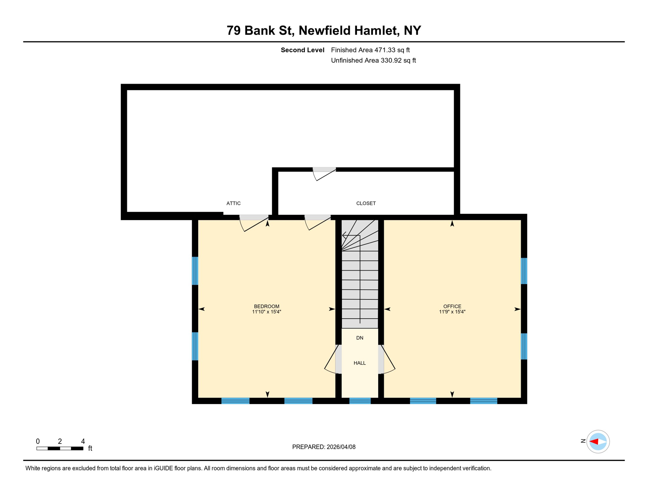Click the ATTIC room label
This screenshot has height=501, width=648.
[x=233, y=203]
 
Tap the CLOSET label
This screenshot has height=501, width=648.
[x=366, y=203]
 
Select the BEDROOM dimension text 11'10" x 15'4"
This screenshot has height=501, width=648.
[x=266, y=312]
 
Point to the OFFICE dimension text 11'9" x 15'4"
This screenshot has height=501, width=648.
[x=452, y=312]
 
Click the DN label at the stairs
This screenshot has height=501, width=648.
[x=360, y=338]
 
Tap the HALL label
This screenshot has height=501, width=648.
[x=360, y=363]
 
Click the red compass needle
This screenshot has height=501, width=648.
[x=594, y=442]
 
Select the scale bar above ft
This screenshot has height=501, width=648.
[x=60, y=448]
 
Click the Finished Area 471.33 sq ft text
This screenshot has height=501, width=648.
[x=370, y=50]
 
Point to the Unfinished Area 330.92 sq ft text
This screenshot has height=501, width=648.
[x=373, y=60]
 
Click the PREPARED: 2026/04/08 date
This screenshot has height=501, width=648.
[x=324, y=447]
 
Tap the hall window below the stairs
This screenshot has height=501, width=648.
[x=360, y=401]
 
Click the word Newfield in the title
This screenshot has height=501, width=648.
[x=324, y=30]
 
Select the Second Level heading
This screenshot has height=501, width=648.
[x=302, y=50]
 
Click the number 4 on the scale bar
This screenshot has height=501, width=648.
[x=83, y=441]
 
